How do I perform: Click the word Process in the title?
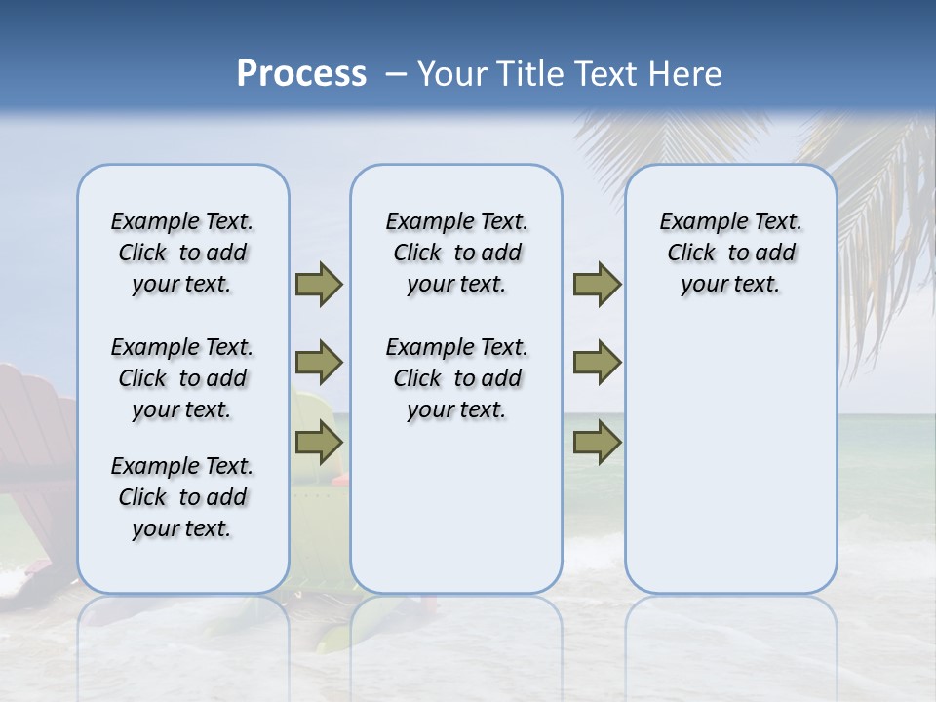[301, 74]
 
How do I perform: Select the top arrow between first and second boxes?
[319, 284]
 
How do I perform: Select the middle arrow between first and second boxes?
[319, 363]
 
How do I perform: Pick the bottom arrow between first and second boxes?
[319, 443]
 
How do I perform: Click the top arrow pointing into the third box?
[597, 284]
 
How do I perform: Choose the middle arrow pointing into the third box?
[597, 363]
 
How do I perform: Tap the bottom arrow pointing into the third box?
[597, 443]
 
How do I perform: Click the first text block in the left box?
[182, 253]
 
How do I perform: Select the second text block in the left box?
[182, 378]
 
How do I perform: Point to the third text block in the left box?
[182, 497]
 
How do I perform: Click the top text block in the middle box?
[456, 253]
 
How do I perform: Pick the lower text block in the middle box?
[456, 378]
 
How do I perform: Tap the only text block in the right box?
[730, 253]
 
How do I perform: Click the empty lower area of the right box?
[730, 468]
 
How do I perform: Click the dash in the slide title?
[396, 74]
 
